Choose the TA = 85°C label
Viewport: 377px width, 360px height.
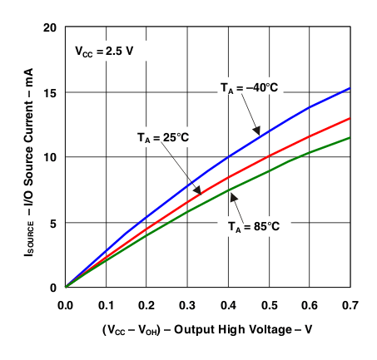point(254,225)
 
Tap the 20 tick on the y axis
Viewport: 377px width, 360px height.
point(50,27)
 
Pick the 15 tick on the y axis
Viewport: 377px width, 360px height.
point(50,92)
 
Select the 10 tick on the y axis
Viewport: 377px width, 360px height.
point(50,157)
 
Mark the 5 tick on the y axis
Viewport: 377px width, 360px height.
point(53,222)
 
